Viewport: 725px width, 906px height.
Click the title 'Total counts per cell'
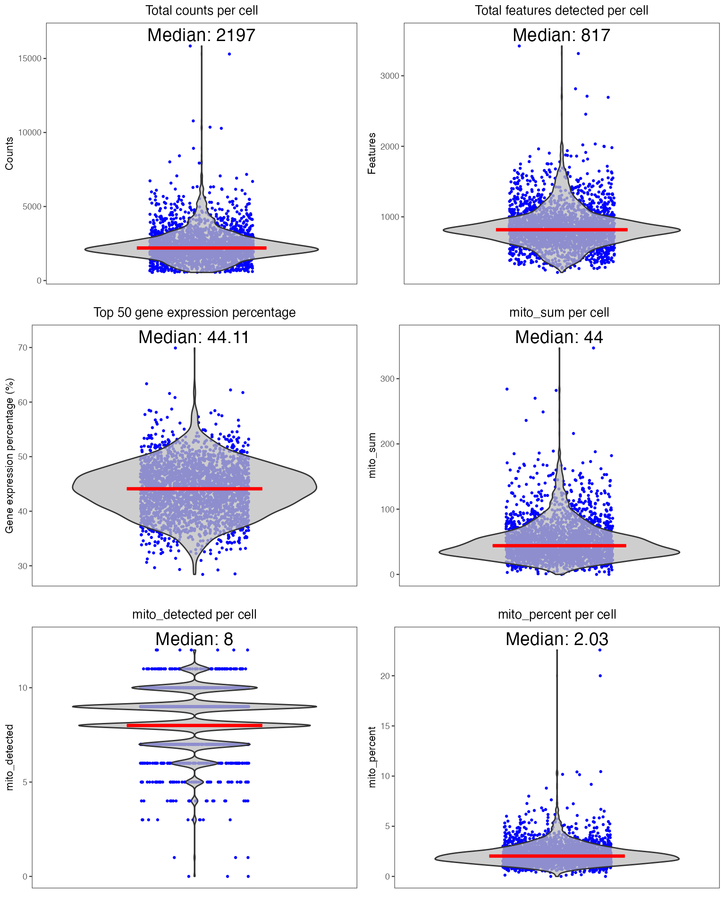tap(202, 10)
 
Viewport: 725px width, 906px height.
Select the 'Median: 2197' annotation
tap(202, 35)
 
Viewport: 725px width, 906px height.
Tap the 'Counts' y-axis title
tap(9, 153)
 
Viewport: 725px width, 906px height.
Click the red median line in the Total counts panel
tap(202, 248)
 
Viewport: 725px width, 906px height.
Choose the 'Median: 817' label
tap(561, 35)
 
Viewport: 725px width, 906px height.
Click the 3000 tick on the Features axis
tap(389, 76)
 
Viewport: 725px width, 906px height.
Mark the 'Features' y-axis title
tap(372, 153)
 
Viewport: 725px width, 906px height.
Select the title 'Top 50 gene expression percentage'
tap(194, 312)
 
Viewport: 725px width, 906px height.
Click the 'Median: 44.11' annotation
tap(194, 337)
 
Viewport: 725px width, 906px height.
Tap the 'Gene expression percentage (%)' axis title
tap(9, 455)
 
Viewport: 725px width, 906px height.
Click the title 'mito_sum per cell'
tap(559, 312)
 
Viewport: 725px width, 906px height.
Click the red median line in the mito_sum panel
tap(559, 545)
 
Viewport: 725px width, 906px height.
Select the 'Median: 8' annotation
tap(194, 639)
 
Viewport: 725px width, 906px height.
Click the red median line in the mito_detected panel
tap(194, 725)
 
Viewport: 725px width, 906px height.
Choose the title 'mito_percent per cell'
tap(557, 614)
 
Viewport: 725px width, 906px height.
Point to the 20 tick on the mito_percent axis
tap(385, 676)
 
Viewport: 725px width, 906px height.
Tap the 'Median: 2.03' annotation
tap(557, 639)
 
